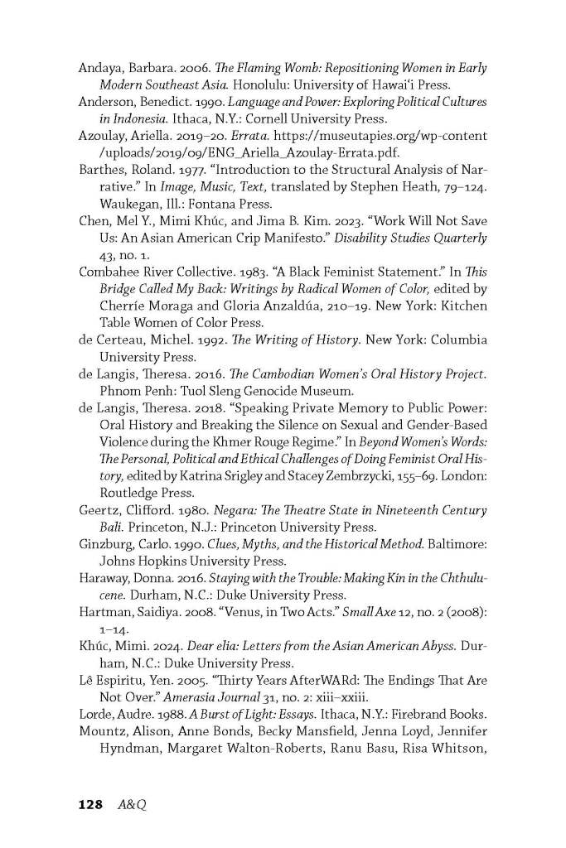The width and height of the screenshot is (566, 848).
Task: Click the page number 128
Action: point(89,804)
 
